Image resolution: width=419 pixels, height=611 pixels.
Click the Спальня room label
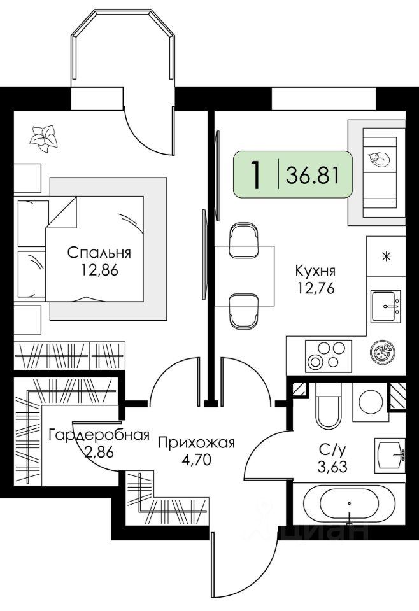coord(99,253)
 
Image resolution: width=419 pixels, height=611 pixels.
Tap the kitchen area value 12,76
coord(316,288)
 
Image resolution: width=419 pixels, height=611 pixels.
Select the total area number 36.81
coord(312,175)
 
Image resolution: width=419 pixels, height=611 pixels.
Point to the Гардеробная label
coord(99,435)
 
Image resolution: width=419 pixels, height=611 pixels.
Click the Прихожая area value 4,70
coord(196,460)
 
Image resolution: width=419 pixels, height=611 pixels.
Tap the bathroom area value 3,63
coord(332,466)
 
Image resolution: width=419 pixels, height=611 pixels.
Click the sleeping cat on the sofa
coord(378,159)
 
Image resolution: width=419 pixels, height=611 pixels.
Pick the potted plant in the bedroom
coord(44,139)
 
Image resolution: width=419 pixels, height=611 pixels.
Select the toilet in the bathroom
coord(328,405)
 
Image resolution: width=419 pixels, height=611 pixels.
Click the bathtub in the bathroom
coord(349,505)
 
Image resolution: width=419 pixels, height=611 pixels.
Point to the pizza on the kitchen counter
coord(381,353)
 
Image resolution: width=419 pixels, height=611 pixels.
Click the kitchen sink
coord(386,306)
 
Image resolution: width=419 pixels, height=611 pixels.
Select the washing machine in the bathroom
coord(371,402)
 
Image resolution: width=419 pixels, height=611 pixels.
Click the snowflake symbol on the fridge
coord(387,256)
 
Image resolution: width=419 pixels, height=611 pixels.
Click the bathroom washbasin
coord(390,454)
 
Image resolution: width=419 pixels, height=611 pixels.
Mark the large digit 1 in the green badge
coord(256,175)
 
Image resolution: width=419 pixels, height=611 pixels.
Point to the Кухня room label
coord(315,270)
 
